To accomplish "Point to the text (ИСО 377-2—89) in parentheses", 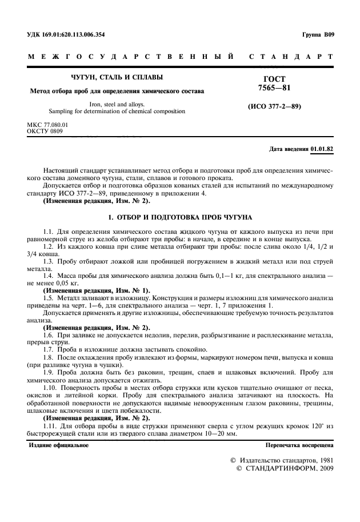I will point(274,107).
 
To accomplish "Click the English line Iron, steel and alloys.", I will point(115,104).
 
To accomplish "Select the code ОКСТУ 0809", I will point(45,132).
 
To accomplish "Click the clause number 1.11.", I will point(50,426).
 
